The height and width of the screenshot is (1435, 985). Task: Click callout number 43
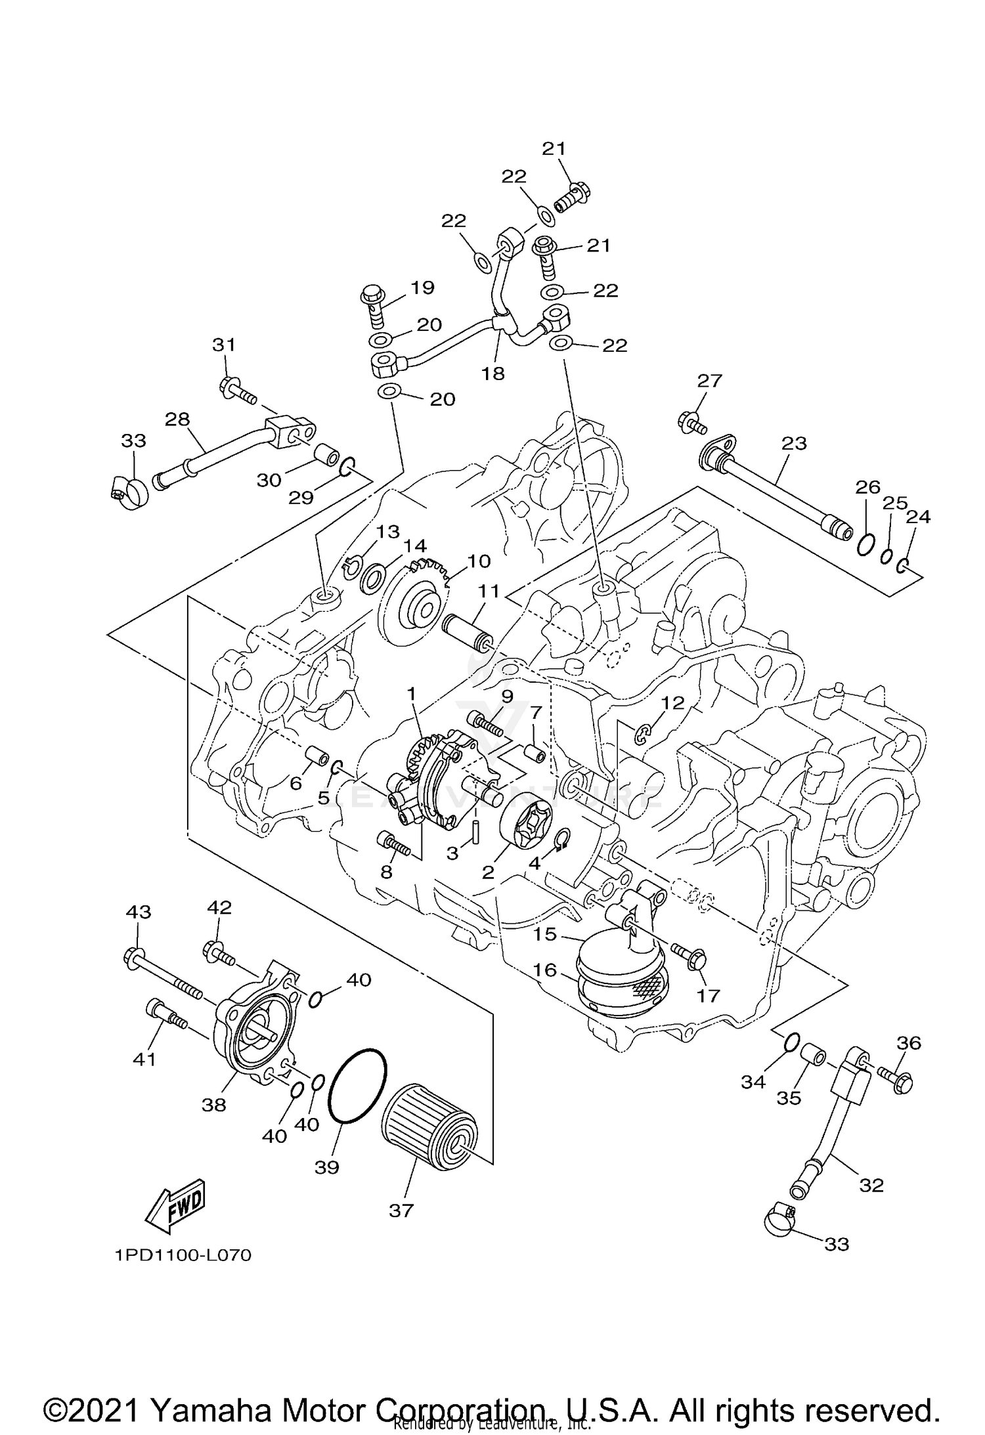pyautogui.click(x=138, y=912)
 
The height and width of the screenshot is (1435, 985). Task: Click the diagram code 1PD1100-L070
pyautogui.click(x=183, y=1256)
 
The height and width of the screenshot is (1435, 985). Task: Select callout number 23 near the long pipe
pyautogui.click(x=793, y=443)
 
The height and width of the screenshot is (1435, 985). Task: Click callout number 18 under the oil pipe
pyautogui.click(x=492, y=374)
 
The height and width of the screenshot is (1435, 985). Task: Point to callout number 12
pyautogui.click(x=672, y=702)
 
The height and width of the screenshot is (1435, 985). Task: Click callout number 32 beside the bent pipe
pyautogui.click(x=871, y=1185)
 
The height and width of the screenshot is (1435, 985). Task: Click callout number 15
pyautogui.click(x=544, y=933)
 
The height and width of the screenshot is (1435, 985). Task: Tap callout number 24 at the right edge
pyautogui.click(x=918, y=517)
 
